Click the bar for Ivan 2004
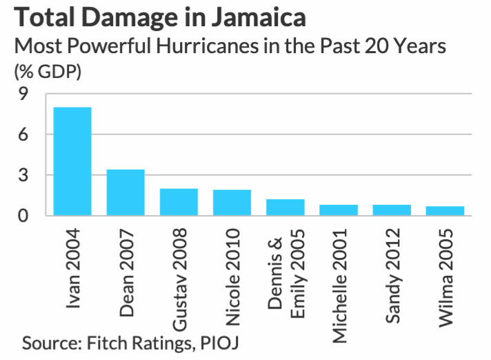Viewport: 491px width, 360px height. tap(72, 161)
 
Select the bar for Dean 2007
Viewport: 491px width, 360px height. tap(126, 192)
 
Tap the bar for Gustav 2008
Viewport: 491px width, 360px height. tap(179, 202)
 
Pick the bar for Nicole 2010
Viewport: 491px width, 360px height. tap(232, 203)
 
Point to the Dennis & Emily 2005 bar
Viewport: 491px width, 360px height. tap(285, 208)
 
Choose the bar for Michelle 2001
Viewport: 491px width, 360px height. tap(338, 210)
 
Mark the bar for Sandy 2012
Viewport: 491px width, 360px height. tap(392, 210)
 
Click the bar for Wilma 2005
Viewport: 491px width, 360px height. tap(445, 211)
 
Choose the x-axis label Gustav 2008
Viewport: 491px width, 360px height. tap(179, 277)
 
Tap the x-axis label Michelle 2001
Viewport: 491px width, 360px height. tap(339, 283)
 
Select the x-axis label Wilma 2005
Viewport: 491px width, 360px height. tap(445, 272)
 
